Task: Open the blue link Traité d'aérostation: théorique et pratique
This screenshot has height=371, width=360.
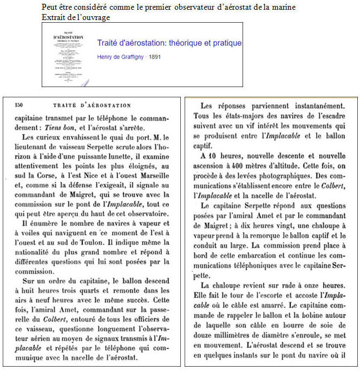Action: (169, 43)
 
